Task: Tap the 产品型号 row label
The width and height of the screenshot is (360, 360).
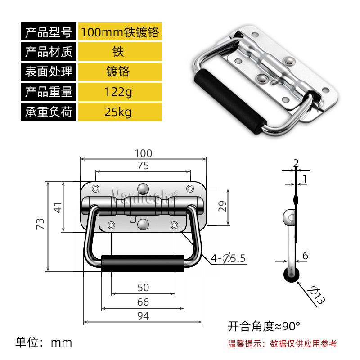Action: tap(49, 32)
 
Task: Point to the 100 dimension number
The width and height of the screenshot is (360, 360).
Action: tap(143, 153)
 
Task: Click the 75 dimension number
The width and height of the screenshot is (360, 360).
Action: tap(143, 166)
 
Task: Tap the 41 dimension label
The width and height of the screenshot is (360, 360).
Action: tap(57, 207)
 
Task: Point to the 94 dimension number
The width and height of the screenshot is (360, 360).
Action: tap(143, 316)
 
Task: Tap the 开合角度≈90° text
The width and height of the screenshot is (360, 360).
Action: tap(264, 325)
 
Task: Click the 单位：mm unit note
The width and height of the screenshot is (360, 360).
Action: tap(44, 342)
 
